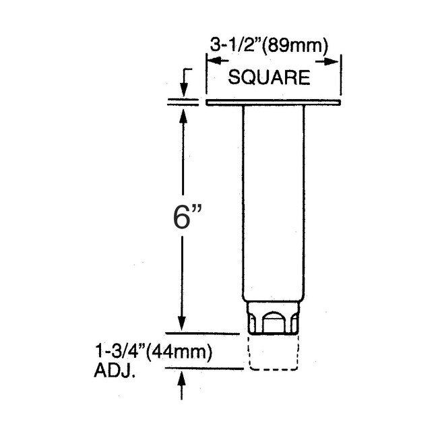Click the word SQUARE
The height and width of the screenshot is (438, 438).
(x=270, y=77)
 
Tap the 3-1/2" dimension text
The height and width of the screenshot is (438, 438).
(x=233, y=47)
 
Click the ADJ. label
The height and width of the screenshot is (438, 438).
(x=115, y=370)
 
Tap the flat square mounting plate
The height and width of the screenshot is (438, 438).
(x=274, y=102)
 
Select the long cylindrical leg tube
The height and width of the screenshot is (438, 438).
(x=273, y=202)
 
